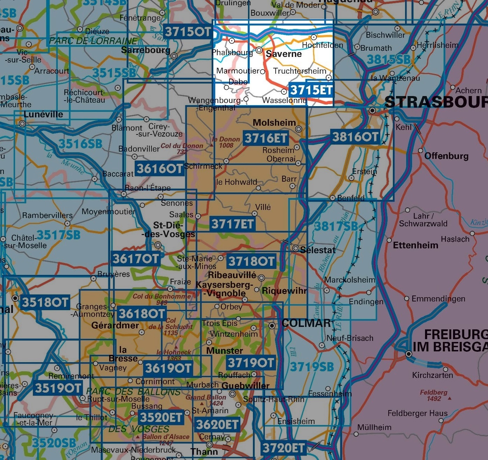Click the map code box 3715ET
tap(311, 90)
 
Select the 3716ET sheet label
tap(266, 138)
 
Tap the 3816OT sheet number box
tap(355, 137)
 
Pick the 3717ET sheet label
tap(232, 224)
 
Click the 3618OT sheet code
tap(142, 314)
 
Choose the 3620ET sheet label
tap(217, 424)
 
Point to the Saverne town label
tap(284, 54)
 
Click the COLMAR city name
tap(306, 323)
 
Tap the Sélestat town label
tap(318, 250)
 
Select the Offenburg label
tap(446, 156)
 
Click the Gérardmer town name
tap(115, 325)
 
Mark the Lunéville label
tap(43, 114)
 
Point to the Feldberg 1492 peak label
tap(434, 395)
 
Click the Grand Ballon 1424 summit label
tap(206, 400)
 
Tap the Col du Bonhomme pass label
tap(162, 298)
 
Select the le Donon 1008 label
tap(226, 142)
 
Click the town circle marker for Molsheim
tap(299, 129)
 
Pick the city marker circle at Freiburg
tap(408, 354)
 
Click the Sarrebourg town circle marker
tap(174, 56)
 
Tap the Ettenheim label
tap(416, 245)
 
